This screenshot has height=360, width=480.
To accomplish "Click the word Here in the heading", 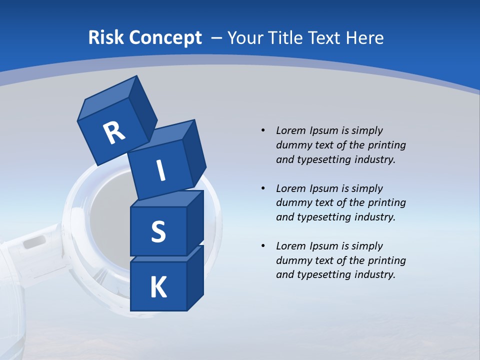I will [365, 38].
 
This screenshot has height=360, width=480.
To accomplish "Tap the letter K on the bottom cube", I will [158, 287].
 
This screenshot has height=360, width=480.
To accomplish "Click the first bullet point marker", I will [263, 130].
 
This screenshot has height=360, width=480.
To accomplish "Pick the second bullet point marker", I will [263, 188].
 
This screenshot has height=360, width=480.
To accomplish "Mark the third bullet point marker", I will [263, 246].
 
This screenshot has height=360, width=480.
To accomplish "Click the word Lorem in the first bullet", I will [290, 130].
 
